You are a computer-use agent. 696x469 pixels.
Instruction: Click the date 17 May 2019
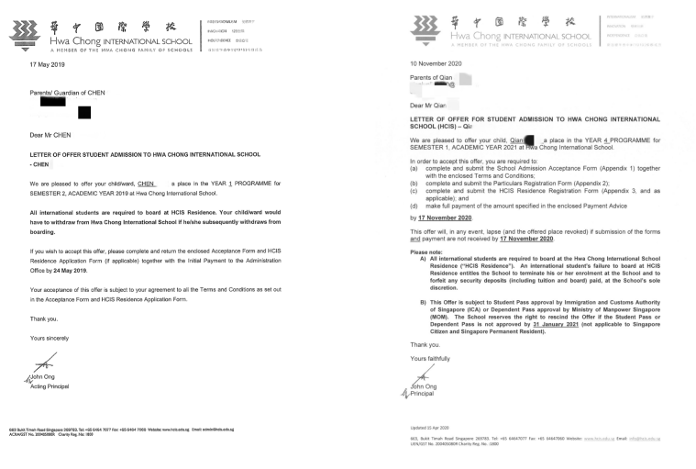pyautogui.click(x=46, y=66)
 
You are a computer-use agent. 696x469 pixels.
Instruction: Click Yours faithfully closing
pyautogui.click(x=432, y=358)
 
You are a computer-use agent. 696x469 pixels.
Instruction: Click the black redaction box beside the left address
pyautogui.click(x=83, y=113)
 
